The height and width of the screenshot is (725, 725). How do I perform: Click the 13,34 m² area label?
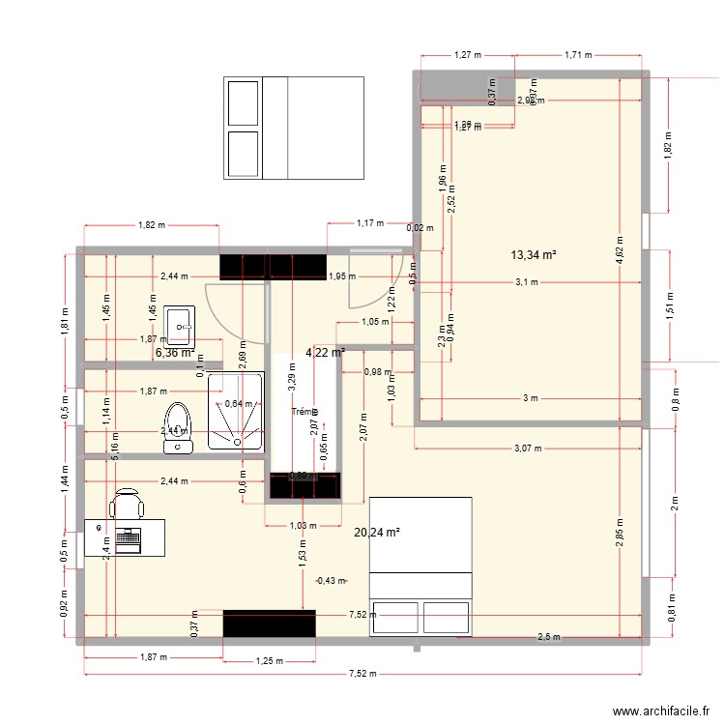[535, 255]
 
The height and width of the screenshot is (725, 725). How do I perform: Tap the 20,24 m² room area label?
[377, 532]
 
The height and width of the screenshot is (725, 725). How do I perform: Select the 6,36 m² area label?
[175, 353]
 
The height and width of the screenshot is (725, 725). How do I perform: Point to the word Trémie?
[304, 413]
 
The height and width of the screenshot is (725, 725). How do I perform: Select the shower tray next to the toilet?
[235, 414]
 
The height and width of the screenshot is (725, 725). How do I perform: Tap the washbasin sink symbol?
[181, 326]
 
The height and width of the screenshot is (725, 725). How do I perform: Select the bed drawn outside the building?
[293, 128]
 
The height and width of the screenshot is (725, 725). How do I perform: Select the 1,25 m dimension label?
[270, 661]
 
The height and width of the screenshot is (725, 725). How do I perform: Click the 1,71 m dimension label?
[578, 56]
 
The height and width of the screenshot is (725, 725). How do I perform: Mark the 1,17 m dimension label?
[371, 223]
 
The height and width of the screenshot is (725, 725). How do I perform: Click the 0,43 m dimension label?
[332, 580]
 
